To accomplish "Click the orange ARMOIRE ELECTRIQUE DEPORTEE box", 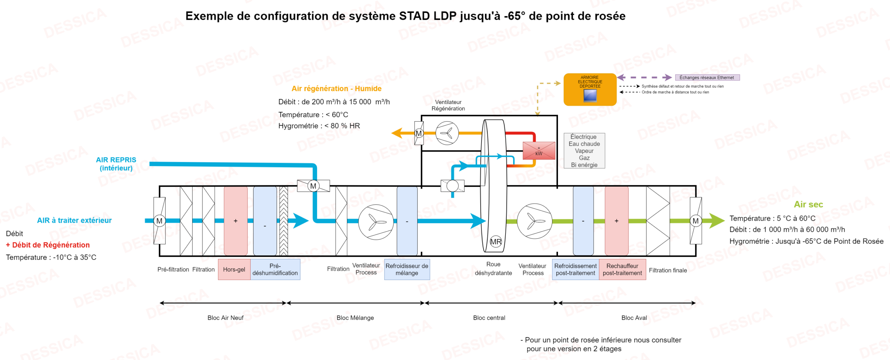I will coord(590,89).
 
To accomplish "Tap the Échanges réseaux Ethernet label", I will coord(707,77).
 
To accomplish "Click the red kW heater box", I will coord(539,151).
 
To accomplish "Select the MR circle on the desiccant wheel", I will coord(496,242).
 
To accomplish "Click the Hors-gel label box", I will coord(234,269).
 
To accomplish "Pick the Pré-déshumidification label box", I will coord(275,269).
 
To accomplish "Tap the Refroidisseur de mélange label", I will coord(407,269).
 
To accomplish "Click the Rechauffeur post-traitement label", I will coord(622,269).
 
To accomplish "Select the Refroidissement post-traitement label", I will coord(575,269).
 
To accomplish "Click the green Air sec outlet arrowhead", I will coord(717,221).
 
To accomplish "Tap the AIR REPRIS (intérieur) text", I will coord(116,164).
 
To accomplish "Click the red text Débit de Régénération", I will coord(48,245).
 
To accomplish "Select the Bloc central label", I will coord(489,318).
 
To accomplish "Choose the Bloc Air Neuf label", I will coord(225,318).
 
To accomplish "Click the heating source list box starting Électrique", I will coord(584,151).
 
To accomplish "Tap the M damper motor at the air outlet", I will coord(695,221).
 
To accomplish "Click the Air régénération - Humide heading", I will coord(336,89).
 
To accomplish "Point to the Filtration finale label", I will coord(667,270).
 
